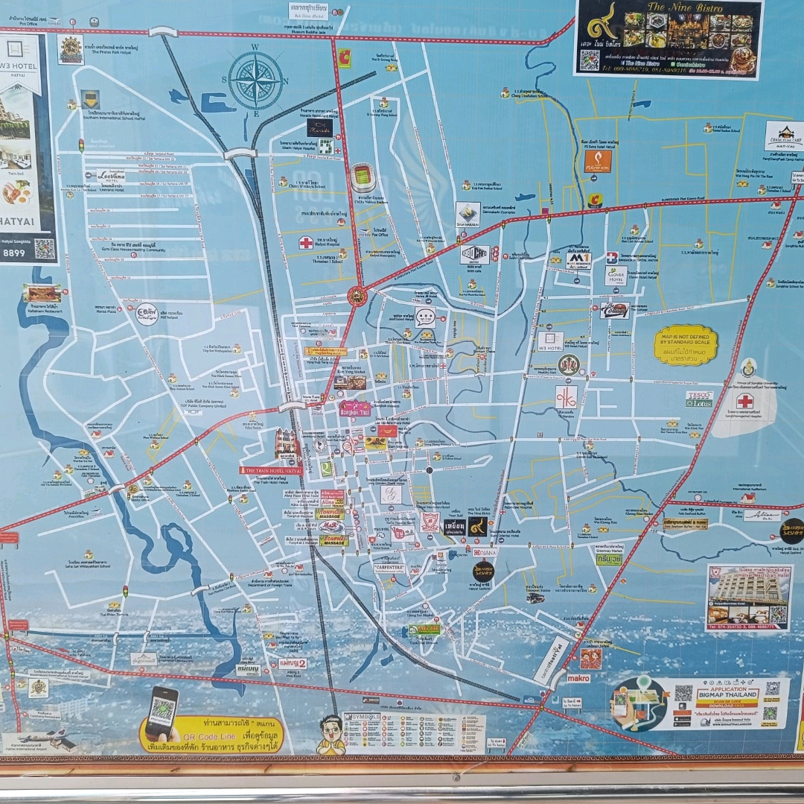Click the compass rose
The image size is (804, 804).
[x=255, y=80]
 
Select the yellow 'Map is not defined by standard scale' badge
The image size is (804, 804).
[x=685, y=345]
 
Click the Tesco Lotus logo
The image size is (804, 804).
[x=699, y=399]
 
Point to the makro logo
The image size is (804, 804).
[x=578, y=678]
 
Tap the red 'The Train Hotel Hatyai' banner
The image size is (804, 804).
[x=271, y=470]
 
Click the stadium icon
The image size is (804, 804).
[x=362, y=177]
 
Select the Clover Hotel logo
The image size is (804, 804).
[x=615, y=276]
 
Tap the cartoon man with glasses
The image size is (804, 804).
[x=331, y=733]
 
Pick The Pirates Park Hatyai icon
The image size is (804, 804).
[x=71, y=49]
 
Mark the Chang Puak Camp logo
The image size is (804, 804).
[x=784, y=136]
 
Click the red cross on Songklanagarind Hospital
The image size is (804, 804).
[x=744, y=402]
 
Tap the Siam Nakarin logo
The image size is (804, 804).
[x=468, y=215]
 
